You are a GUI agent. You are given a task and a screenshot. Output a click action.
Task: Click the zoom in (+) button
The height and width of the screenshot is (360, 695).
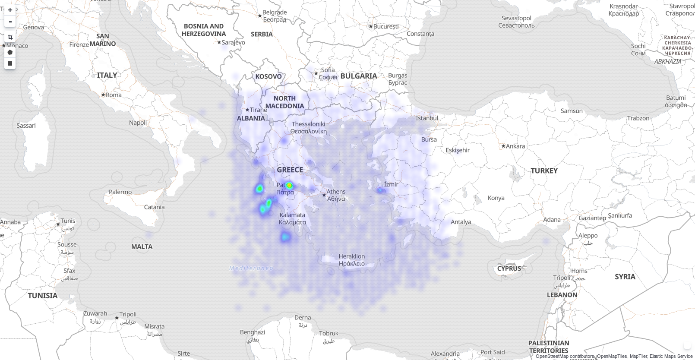[x=10, y=10]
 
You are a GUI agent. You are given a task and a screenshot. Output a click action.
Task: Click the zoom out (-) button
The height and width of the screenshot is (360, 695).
[x=10, y=22]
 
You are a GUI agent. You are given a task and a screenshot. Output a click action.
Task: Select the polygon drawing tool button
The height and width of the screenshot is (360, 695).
[x=10, y=52]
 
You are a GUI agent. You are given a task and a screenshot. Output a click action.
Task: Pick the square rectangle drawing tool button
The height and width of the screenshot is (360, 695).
[x=10, y=63]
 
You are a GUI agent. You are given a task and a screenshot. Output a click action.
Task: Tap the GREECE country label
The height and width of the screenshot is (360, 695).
[x=290, y=170]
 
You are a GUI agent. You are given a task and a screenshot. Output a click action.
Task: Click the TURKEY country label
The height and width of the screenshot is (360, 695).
[x=544, y=171]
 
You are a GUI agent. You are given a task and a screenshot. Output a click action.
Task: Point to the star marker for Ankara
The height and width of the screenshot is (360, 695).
[x=503, y=146]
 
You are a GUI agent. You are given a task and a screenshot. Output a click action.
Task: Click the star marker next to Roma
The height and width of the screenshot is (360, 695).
[x=103, y=95]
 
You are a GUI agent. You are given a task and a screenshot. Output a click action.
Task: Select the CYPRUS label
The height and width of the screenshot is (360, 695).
[x=509, y=268]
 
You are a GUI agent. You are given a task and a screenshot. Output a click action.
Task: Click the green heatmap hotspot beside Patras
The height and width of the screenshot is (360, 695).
[x=289, y=186]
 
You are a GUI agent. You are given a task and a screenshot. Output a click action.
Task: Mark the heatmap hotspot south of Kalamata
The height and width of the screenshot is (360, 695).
[x=285, y=237]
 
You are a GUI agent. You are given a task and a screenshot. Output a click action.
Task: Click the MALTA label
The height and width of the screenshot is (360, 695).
[x=142, y=246]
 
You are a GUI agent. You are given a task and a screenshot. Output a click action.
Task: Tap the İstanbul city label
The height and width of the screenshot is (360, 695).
[x=426, y=118]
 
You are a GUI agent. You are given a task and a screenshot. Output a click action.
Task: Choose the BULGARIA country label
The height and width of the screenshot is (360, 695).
[x=358, y=76]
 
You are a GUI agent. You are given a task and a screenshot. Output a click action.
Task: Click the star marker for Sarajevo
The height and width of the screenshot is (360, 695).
[x=219, y=42]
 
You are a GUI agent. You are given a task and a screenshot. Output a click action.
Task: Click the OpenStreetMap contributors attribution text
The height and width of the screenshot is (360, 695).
[x=564, y=356]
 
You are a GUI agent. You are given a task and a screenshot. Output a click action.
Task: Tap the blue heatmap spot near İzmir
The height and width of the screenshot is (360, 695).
[x=381, y=190]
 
